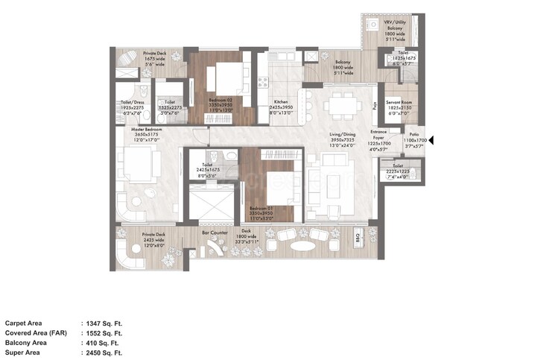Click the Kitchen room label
[x=281, y=101]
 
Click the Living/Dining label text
[x=345, y=135]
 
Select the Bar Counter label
[x=215, y=233]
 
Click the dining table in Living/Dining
[x=342, y=107]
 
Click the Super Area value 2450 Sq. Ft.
[x=105, y=352]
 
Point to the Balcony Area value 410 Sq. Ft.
[x=104, y=342]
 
